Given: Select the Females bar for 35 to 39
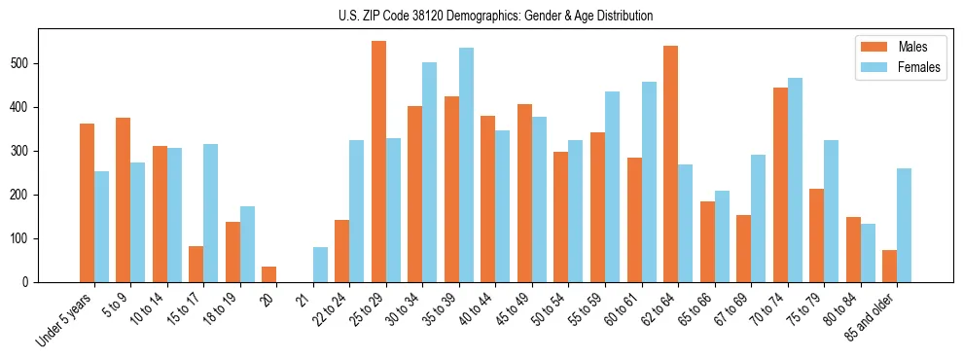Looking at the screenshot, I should (466, 165).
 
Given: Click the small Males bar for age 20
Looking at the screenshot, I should (269, 274).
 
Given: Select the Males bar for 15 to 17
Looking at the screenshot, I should (196, 265).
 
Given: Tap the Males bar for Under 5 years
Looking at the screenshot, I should (87, 203).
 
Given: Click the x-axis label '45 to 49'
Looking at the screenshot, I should (514, 309).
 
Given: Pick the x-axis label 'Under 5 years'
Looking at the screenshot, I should (65, 319).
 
